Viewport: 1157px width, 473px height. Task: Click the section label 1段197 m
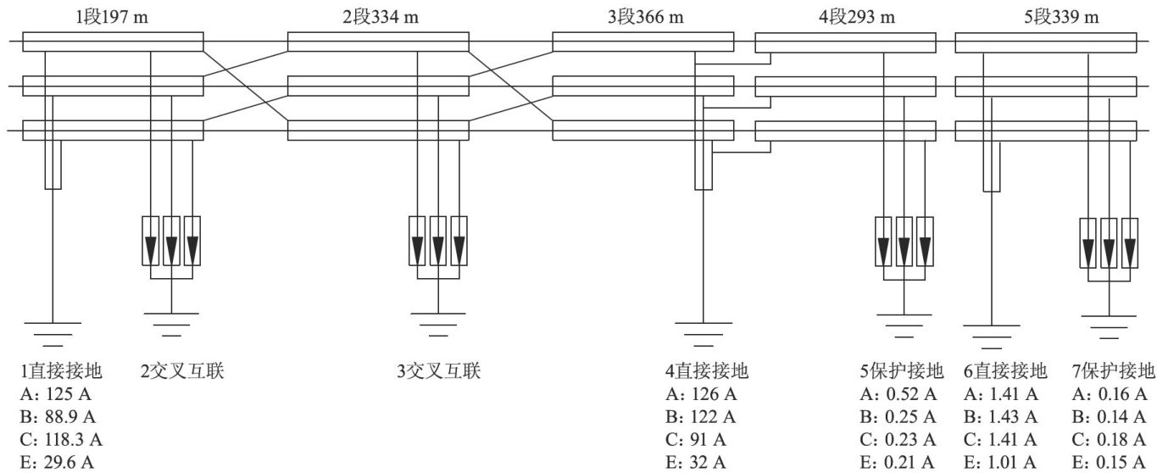point(112,17)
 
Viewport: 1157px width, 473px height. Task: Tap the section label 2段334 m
point(381,17)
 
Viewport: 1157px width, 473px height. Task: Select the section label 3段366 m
point(646,17)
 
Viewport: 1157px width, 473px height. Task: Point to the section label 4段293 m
point(857,17)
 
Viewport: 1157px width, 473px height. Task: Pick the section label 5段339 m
point(1061,17)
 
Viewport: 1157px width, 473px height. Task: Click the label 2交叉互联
point(182,370)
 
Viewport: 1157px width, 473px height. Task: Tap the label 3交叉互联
point(438,370)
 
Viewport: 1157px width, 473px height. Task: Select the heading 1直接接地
point(61,370)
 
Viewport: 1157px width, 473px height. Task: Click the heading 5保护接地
point(901,370)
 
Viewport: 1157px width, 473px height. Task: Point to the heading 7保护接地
point(1113,370)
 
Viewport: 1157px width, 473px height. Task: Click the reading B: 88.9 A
point(58,417)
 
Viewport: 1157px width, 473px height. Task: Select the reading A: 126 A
point(701,394)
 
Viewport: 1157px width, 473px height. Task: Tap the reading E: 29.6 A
point(57,462)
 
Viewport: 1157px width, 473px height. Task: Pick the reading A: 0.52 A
point(898,394)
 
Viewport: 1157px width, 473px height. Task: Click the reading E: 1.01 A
point(1000,462)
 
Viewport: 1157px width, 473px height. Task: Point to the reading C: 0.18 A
point(1109,439)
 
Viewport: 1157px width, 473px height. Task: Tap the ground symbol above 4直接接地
point(704,334)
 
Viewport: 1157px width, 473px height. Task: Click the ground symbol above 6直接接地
point(991,337)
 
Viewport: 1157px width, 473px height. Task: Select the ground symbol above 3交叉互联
point(438,325)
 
